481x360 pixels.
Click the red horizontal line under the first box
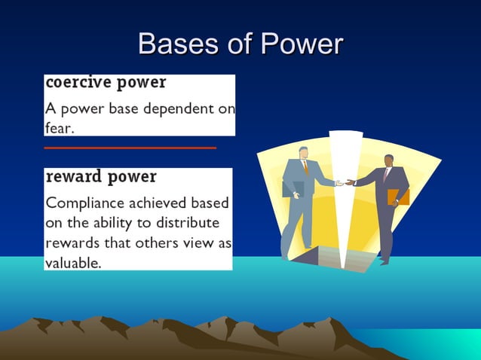(130, 148)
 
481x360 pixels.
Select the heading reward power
(101, 177)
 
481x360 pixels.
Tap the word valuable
(73, 264)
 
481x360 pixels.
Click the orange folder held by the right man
(398, 197)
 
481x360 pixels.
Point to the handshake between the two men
(345, 182)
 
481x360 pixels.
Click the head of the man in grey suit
(303, 153)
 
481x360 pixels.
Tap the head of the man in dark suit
(389, 161)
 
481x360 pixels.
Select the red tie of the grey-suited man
(305, 167)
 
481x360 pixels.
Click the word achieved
(155, 203)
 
